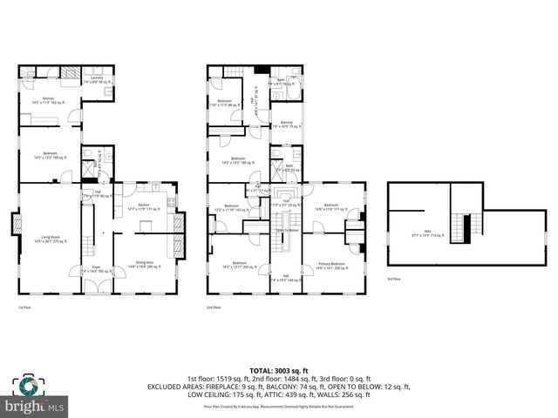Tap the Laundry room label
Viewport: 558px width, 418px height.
(96, 79)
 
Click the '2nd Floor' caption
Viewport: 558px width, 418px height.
(213, 307)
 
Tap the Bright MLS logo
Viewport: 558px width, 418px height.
(35, 406)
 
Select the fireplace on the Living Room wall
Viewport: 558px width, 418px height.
(16, 226)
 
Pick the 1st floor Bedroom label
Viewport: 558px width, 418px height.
(49, 157)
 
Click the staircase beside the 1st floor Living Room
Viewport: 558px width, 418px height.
(87, 231)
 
